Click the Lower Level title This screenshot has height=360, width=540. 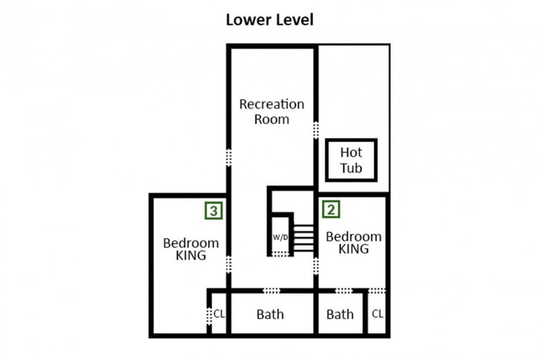click(x=269, y=20)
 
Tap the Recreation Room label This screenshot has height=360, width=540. click(x=272, y=112)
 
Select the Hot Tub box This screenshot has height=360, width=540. click(x=352, y=160)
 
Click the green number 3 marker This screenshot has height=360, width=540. click(x=214, y=210)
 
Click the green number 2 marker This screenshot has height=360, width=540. click(x=332, y=209)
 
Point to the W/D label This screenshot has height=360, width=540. click(x=280, y=237)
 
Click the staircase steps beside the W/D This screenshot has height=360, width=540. click(x=303, y=238)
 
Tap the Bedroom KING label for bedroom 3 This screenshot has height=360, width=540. click(x=191, y=249)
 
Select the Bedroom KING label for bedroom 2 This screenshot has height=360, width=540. click(x=354, y=243)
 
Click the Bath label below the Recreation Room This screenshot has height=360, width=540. click(x=271, y=314)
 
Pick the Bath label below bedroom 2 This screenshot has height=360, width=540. click(x=340, y=314)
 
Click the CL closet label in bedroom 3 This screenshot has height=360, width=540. click(x=219, y=314)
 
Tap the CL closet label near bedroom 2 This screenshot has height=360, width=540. click(x=377, y=314)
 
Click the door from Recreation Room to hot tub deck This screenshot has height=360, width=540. click(x=316, y=130)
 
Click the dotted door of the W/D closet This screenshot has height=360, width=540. click(x=280, y=254)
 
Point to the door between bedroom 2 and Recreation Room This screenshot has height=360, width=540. click(x=316, y=266)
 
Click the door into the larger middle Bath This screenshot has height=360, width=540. click(x=272, y=291)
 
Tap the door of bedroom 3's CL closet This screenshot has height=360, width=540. click(x=209, y=316)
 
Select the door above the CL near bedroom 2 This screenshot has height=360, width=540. click(x=377, y=291)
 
